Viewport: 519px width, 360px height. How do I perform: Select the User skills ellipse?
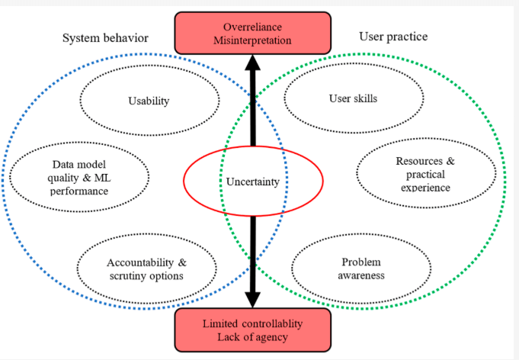353,98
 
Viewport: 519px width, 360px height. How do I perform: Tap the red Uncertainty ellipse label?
253,182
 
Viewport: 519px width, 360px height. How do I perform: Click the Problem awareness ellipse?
360,268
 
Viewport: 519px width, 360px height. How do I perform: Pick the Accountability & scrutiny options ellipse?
146,268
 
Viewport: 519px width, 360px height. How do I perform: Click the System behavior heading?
105,38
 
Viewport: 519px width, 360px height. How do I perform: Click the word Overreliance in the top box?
252,26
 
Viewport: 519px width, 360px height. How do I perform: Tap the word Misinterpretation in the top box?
252,40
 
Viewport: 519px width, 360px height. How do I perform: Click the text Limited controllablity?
252,324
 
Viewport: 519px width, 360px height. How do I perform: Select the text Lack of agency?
252,338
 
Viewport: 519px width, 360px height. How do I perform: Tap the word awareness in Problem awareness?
360,275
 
